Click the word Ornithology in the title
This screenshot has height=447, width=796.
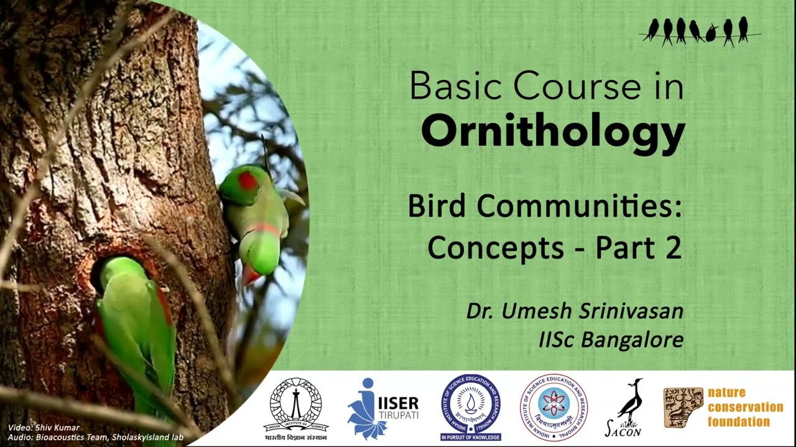click(553, 131)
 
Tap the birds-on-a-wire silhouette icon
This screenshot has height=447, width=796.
click(700, 31)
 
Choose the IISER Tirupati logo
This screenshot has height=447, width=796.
click(382, 407)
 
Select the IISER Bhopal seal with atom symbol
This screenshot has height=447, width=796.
click(553, 407)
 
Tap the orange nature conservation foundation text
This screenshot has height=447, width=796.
click(744, 407)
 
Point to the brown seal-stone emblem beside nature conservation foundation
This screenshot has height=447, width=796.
click(683, 407)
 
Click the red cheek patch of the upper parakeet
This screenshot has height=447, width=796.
click(248, 181)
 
